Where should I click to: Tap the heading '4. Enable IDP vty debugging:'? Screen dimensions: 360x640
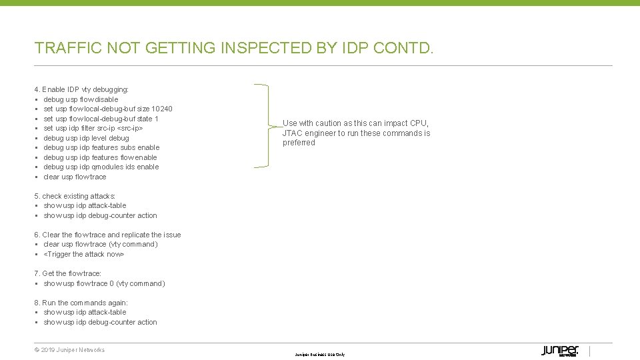click(81, 89)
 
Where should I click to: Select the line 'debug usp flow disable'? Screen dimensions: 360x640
click(81, 99)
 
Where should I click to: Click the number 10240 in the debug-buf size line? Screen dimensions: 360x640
click(162, 109)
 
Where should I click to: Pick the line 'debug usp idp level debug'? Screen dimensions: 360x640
click(86, 138)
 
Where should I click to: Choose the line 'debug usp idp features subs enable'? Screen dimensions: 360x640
click(101, 147)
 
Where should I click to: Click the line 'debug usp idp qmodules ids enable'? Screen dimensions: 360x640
click(101, 167)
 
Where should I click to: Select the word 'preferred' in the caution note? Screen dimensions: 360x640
click(299, 143)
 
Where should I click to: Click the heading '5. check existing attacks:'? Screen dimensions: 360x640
click(75, 196)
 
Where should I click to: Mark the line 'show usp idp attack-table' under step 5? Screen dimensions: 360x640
click(85, 205)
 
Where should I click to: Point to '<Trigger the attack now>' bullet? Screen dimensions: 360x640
click(84, 254)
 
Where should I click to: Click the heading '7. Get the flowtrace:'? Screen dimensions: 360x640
click(68, 273)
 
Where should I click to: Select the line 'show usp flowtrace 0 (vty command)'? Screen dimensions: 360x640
click(104, 283)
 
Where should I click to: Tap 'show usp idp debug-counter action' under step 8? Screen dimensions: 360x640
click(100, 322)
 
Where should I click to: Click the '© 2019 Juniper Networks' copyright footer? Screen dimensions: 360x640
click(69, 350)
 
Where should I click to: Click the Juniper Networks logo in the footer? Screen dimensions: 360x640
click(559, 351)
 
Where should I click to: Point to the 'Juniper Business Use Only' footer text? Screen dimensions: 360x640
click(320, 355)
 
